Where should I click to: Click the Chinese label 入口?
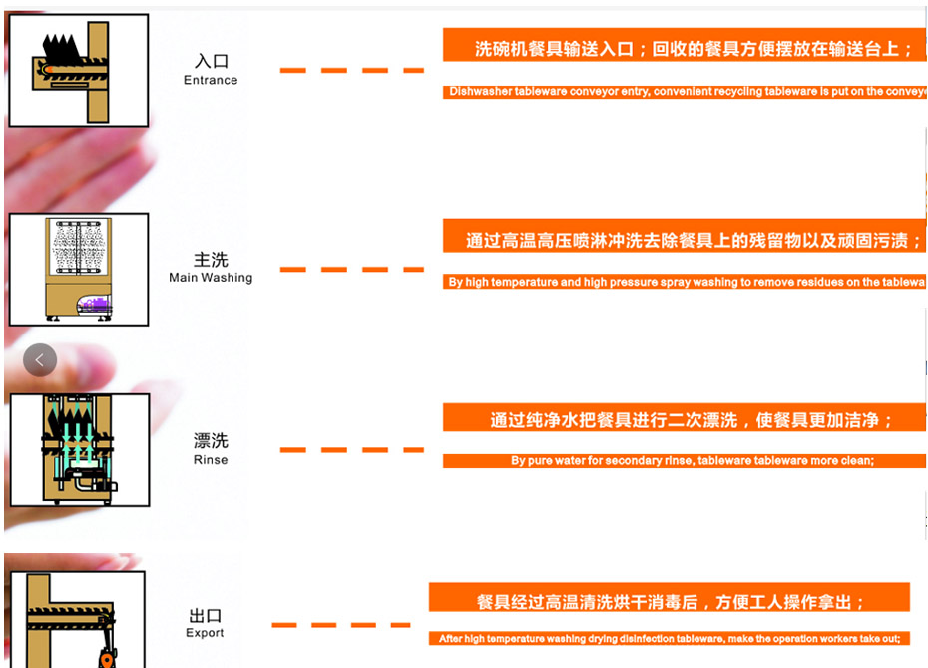tap(211, 62)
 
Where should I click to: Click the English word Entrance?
tap(211, 80)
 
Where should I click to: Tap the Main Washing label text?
tap(211, 278)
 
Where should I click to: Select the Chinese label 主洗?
tap(211, 260)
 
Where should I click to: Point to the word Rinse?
tap(211, 460)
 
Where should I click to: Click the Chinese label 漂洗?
tap(211, 441)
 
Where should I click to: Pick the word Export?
tap(205, 633)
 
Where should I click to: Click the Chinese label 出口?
tap(205, 615)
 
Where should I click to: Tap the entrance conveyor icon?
tap(79, 70)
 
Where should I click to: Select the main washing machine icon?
tap(79, 270)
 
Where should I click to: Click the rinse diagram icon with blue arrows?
tap(79, 449)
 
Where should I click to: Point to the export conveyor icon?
tap(76, 619)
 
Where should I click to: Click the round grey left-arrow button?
tap(40, 359)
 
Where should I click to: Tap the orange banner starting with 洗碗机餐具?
tap(685, 48)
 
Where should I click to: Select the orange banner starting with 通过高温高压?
tap(685, 241)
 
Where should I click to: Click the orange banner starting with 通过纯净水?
tap(685, 420)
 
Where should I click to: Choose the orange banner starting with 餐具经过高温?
tap(670, 601)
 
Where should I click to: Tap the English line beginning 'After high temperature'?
tap(670, 639)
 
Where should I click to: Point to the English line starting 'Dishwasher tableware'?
tap(685, 92)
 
